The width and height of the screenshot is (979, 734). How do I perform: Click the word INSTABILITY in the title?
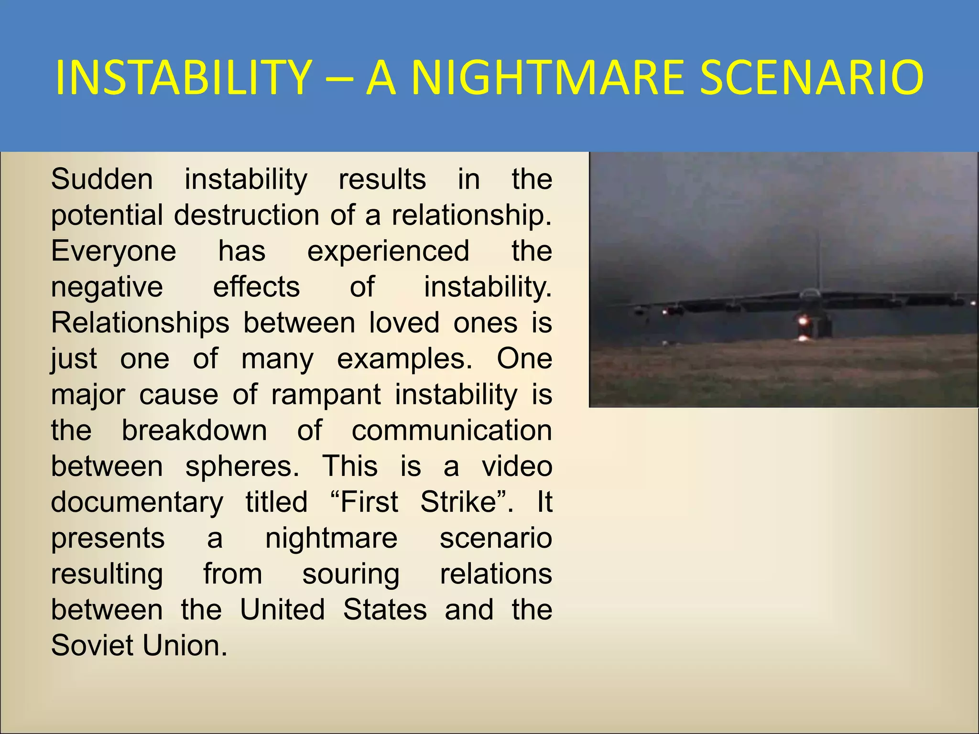[x=184, y=77]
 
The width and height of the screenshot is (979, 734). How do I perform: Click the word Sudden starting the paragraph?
[x=102, y=180]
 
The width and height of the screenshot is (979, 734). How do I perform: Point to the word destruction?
[x=246, y=216]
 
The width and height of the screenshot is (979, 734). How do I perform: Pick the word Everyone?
[x=114, y=251]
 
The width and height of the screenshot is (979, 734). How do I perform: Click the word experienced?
[x=388, y=251]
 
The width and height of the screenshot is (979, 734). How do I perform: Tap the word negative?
[x=107, y=287]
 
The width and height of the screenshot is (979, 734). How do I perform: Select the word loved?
[x=404, y=323]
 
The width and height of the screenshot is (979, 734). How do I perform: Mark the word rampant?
[x=326, y=395]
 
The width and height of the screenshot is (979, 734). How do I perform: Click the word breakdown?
[x=194, y=431]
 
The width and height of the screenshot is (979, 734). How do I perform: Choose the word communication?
[x=452, y=431]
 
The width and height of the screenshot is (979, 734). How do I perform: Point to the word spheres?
[x=242, y=466]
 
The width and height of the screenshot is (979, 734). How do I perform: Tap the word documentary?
[x=137, y=502]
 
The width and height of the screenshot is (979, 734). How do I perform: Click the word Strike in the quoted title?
[x=457, y=502]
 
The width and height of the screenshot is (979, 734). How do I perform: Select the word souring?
[x=351, y=574]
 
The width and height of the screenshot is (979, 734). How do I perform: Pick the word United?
[x=283, y=610]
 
